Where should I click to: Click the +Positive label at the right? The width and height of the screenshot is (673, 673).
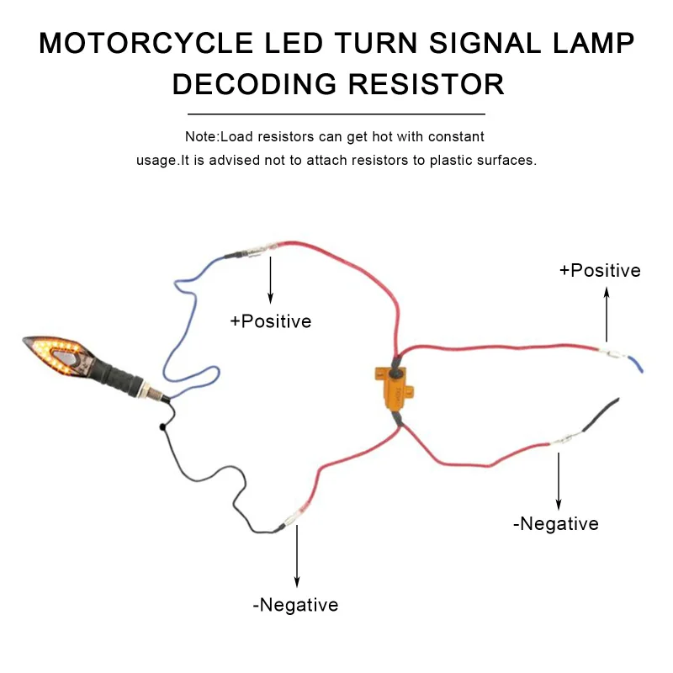click(x=600, y=270)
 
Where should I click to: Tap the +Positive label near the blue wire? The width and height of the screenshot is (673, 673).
click(x=270, y=321)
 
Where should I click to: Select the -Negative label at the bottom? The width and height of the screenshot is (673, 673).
click(x=295, y=605)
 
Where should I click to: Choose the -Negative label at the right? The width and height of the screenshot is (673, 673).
click(x=556, y=523)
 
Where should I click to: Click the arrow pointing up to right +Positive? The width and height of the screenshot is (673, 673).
click(x=606, y=315)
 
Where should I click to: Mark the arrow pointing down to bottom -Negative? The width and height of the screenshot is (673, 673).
click(x=297, y=555)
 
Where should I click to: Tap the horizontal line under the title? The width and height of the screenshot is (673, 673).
click(x=336, y=113)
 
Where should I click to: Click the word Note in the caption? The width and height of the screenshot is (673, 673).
click(x=200, y=136)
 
